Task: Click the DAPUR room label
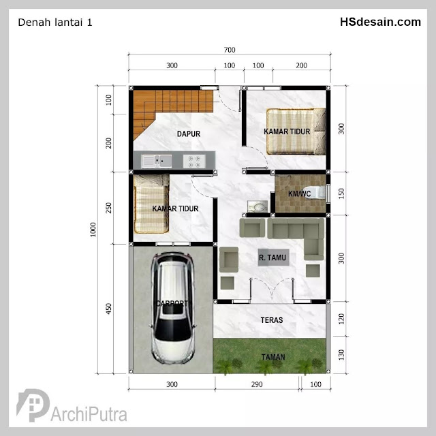tap(189, 134)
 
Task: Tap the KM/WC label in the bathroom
tap(299, 193)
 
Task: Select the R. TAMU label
tap(272, 258)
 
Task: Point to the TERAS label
tap(272, 320)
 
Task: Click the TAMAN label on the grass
tap(273, 357)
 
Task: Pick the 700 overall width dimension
tap(230, 50)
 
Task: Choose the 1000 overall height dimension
tap(93, 230)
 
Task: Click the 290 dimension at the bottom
tap(257, 384)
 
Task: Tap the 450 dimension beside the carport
tap(108, 309)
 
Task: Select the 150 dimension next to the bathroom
tap(341, 193)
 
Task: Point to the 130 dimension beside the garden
tap(341, 355)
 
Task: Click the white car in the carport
tap(172, 308)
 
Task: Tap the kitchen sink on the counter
tap(157, 161)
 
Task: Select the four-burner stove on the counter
tap(194, 161)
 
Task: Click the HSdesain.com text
tap(380, 22)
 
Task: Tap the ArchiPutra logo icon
tap(33, 405)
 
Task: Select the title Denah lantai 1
tap(55, 22)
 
